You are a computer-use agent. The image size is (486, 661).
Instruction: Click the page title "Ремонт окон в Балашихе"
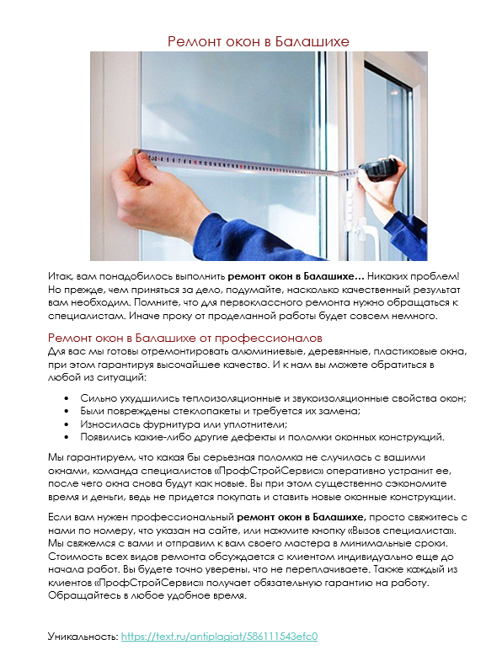pyautogui.click(x=258, y=40)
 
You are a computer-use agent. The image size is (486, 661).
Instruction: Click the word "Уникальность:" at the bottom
pyautogui.click(x=83, y=637)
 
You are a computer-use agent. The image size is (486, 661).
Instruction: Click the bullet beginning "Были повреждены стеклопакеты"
pyautogui.click(x=220, y=411)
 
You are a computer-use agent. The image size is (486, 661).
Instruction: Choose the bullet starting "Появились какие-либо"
pyautogui.click(x=262, y=438)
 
